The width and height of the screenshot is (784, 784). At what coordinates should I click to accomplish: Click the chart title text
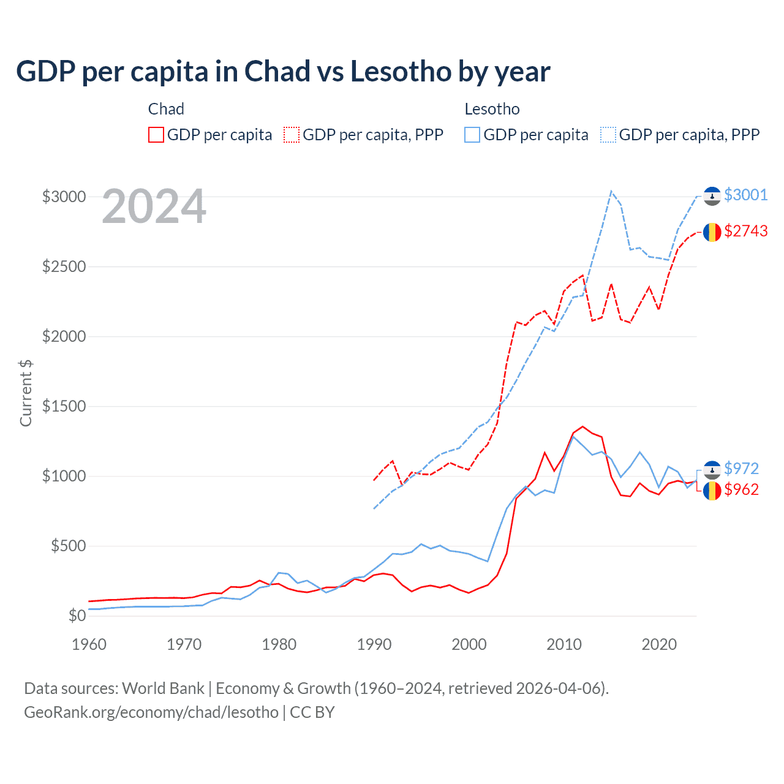(x=283, y=72)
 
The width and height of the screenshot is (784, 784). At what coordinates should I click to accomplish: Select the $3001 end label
(x=745, y=195)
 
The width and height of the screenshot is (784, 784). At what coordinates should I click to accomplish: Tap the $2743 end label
(x=745, y=231)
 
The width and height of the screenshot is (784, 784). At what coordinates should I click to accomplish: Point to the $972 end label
(x=741, y=469)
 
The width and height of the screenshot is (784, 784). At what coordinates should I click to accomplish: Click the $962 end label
(x=741, y=489)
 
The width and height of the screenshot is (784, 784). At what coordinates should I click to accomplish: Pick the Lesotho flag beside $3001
(x=712, y=195)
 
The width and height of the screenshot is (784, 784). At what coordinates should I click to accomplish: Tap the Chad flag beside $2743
(x=712, y=232)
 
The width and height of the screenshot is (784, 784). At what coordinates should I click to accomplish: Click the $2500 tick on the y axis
(x=64, y=267)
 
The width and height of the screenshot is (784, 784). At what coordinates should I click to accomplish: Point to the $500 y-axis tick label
(x=68, y=546)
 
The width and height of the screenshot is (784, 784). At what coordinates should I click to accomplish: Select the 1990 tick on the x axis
(x=374, y=644)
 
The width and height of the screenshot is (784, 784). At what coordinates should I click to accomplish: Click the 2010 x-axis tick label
(x=564, y=644)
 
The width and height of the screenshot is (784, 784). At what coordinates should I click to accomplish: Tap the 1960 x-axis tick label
(x=89, y=644)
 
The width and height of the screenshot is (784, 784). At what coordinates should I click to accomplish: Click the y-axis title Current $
(x=26, y=393)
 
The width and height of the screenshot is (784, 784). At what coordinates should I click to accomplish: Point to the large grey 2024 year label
(x=154, y=207)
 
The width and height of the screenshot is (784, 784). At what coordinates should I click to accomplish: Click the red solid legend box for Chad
(x=156, y=135)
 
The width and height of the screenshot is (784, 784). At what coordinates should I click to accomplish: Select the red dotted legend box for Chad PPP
(x=292, y=135)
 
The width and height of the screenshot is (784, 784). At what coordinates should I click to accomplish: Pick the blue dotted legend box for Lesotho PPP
(x=608, y=135)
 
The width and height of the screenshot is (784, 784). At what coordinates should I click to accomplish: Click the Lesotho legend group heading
(x=492, y=109)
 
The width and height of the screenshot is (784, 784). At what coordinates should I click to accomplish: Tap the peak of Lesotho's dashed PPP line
(x=611, y=191)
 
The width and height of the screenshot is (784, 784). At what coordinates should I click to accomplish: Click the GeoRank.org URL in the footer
(x=151, y=712)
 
